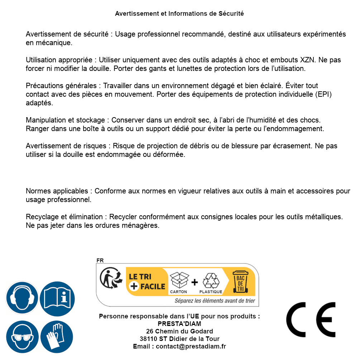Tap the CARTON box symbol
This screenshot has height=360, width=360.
[179, 280]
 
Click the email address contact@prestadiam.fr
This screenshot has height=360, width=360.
[191, 346]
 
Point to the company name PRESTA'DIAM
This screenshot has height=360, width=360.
[179, 324]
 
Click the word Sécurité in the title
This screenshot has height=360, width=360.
[231, 14]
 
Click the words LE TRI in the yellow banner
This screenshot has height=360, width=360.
[140, 277]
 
